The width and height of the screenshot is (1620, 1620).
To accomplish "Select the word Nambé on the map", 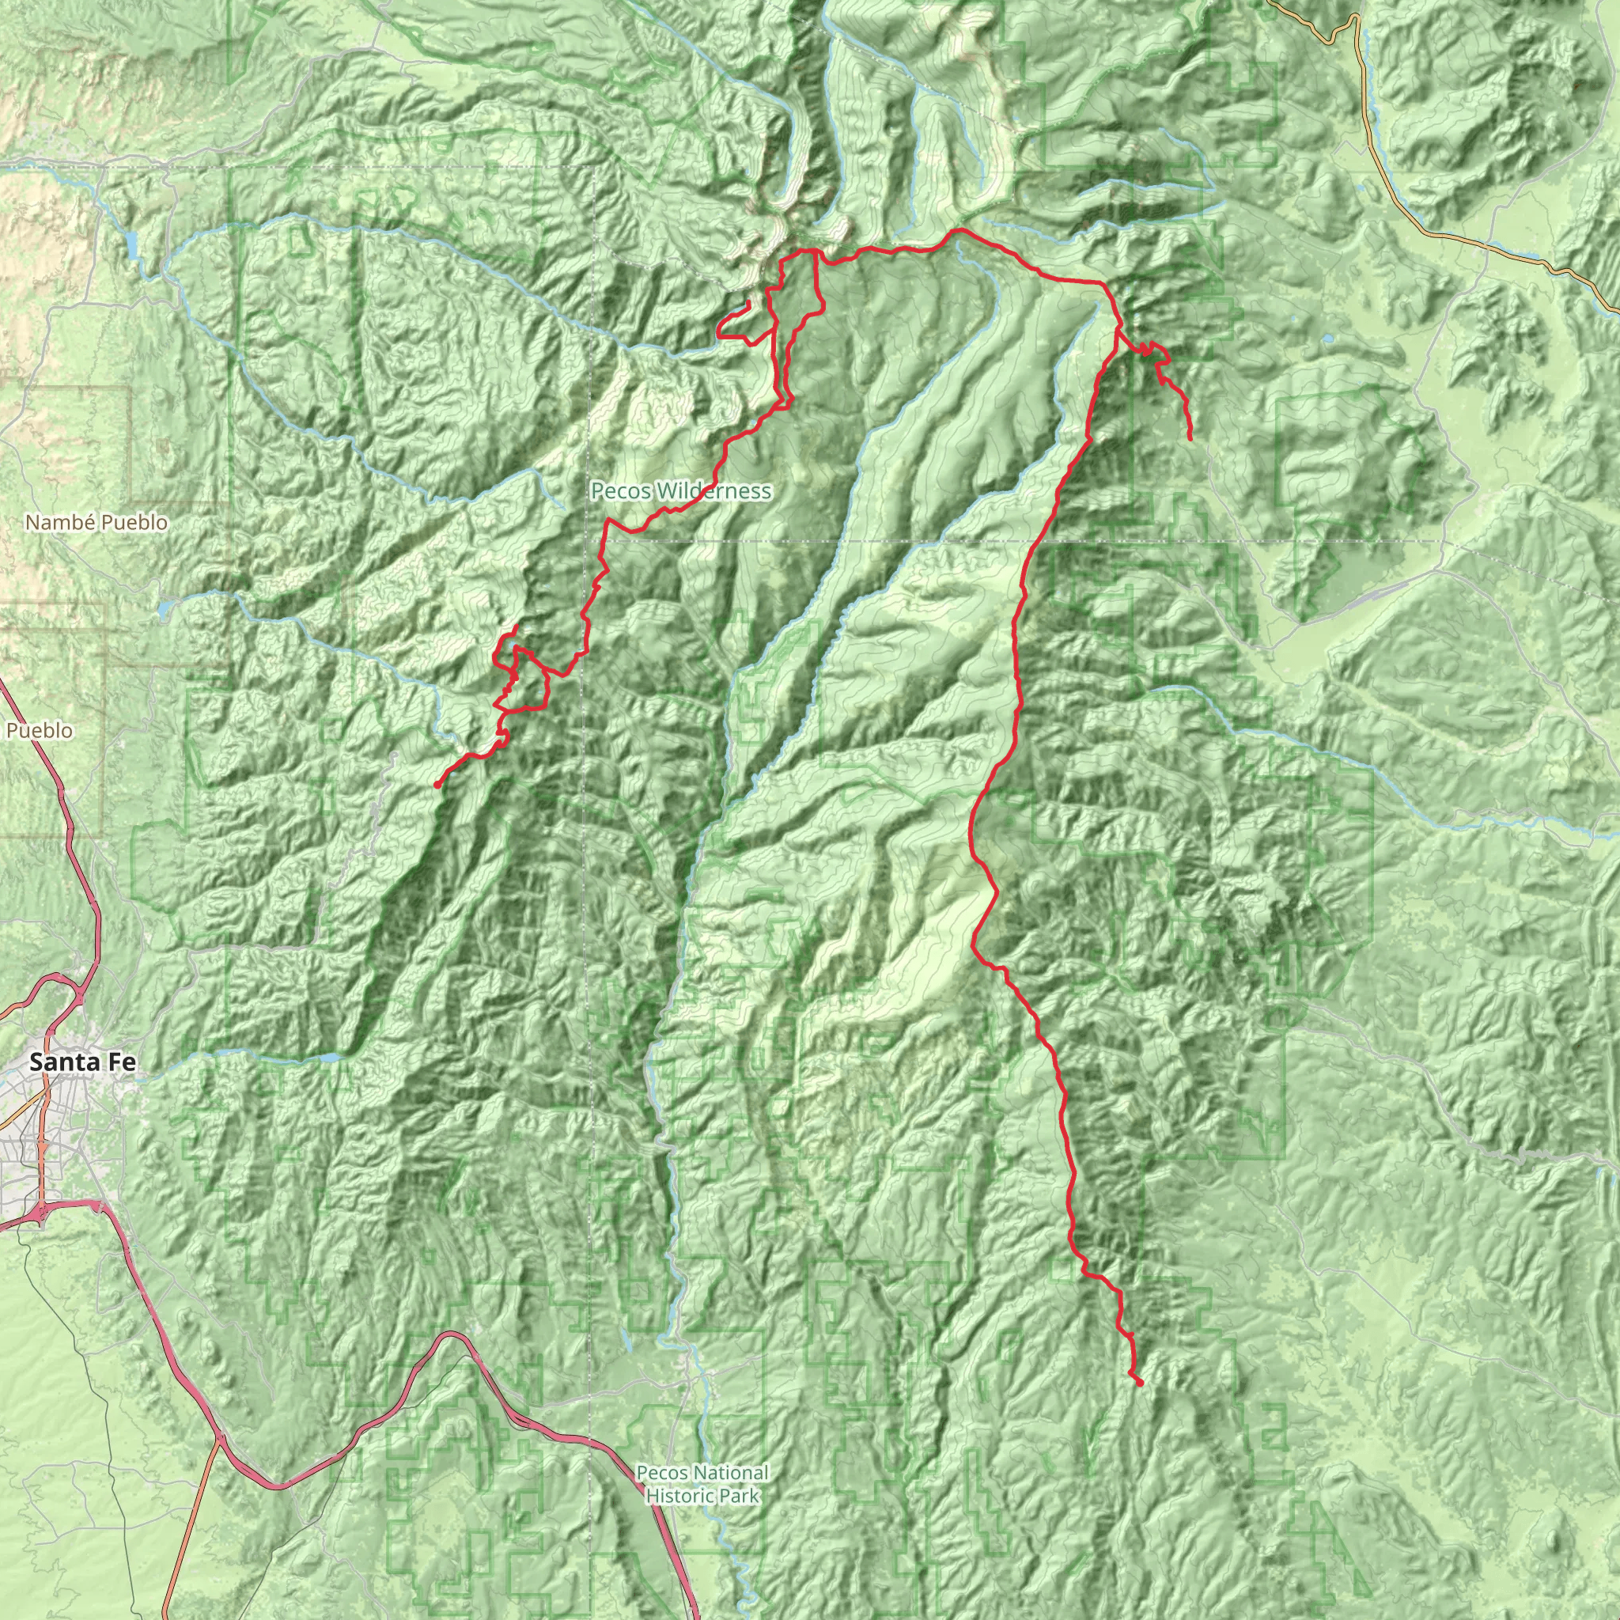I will [x=52, y=522].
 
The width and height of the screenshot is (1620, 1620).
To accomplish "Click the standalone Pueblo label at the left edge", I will [x=40, y=730].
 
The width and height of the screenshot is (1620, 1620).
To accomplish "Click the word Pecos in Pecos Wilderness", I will [x=619, y=490].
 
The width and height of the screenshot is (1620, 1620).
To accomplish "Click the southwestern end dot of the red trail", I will [x=437, y=785].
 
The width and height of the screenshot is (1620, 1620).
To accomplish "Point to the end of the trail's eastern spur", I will [x=1190, y=437].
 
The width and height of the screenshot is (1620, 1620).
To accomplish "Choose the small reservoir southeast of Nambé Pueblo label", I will [x=165, y=605].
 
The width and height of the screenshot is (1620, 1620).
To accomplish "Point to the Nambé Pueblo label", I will [x=97, y=522].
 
